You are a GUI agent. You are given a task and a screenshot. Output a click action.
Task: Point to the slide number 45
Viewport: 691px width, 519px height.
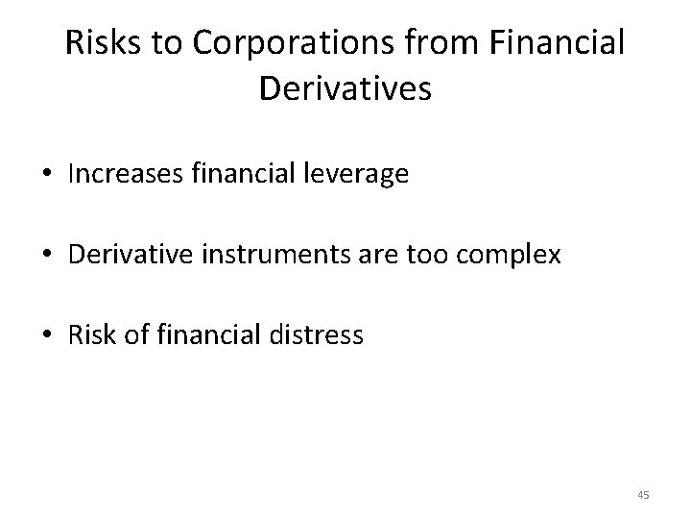pos(643,495)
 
